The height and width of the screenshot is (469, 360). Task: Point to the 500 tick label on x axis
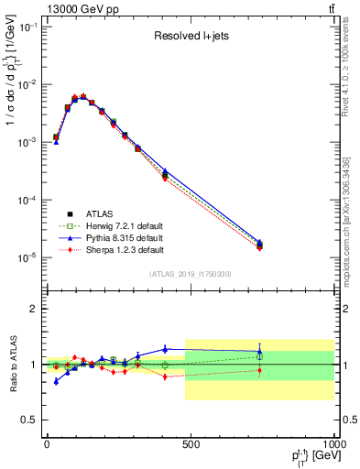click(x=191, y=444)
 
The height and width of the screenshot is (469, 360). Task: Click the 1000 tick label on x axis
click(x=333, y=444)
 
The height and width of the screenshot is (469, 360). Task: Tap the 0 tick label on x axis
click(x=47, y=444)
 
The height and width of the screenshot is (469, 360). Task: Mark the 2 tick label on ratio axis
click(x=34, y=310)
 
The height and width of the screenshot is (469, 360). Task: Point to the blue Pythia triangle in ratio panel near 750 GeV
click(x=259, y=351)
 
